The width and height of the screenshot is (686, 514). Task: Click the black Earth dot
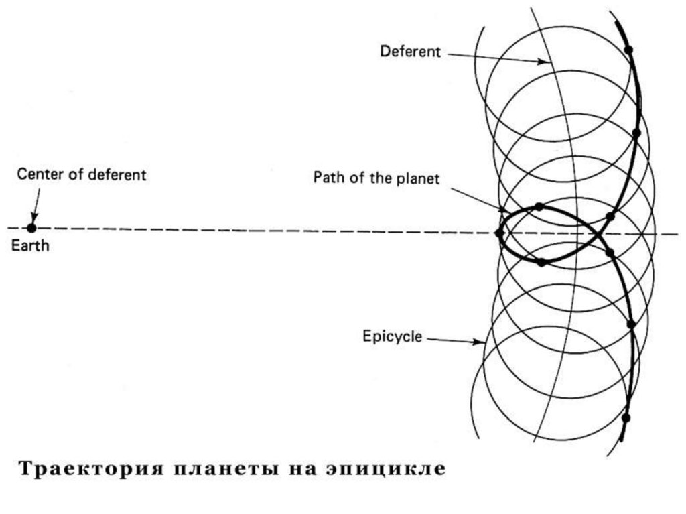coord(31,228)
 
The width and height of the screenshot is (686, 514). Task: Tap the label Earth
coord(30,246)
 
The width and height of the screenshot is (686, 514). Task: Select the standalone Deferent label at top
coord(410,52)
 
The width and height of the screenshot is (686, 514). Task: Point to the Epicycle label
coord(392,336)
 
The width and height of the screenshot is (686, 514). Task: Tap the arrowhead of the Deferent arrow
coord(545,62)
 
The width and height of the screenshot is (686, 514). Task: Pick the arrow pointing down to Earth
coord(35,201)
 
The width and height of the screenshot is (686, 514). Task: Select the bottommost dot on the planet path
coord(626,417)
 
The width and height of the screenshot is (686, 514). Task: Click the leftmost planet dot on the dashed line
coord(498,233)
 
